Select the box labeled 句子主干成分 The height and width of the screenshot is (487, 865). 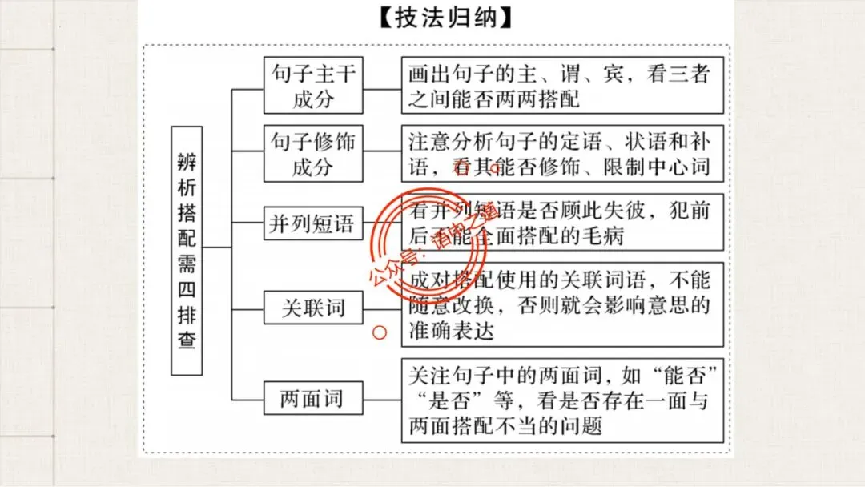313,86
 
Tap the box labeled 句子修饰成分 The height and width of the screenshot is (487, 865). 313,155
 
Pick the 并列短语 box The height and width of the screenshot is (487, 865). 313,223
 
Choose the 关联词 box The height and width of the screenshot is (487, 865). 313,307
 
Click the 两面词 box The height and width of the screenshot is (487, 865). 313,398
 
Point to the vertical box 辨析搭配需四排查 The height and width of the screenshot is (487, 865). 187,250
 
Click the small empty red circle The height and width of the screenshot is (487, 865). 381,330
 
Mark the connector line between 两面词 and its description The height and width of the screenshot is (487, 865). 383,398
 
